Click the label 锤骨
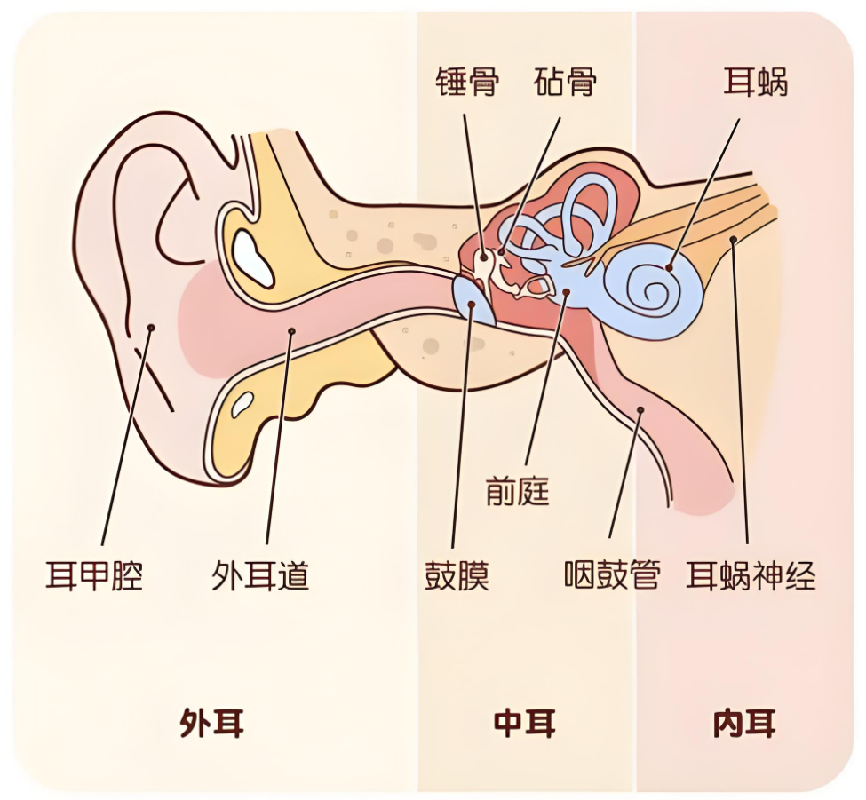(x=466, y=82)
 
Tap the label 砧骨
(x=565, y=82)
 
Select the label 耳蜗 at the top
(x=755, y=82)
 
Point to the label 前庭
(x=518, y=491)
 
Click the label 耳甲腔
(x=94, y=576)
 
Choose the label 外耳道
(x=260, y=576)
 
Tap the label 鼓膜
(x=457, y=576)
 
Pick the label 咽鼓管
(x=612, y=576)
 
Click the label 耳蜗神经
(x=751, y=576)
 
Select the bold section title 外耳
(x=212, y=723)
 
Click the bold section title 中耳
(x=524, y=723)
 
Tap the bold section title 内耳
(x=744, y=723)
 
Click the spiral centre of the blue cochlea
(x=654, y=289)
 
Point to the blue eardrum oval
(x=473, y=302)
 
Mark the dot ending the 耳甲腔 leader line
(x=151, y=328)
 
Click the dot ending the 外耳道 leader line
(x=291, y=331)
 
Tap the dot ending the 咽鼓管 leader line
(x=640, y=409)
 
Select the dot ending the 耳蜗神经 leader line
(x=734, y=240)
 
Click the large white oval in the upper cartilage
(x=252, y=258)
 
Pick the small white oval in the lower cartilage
(x=242, y=404)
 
